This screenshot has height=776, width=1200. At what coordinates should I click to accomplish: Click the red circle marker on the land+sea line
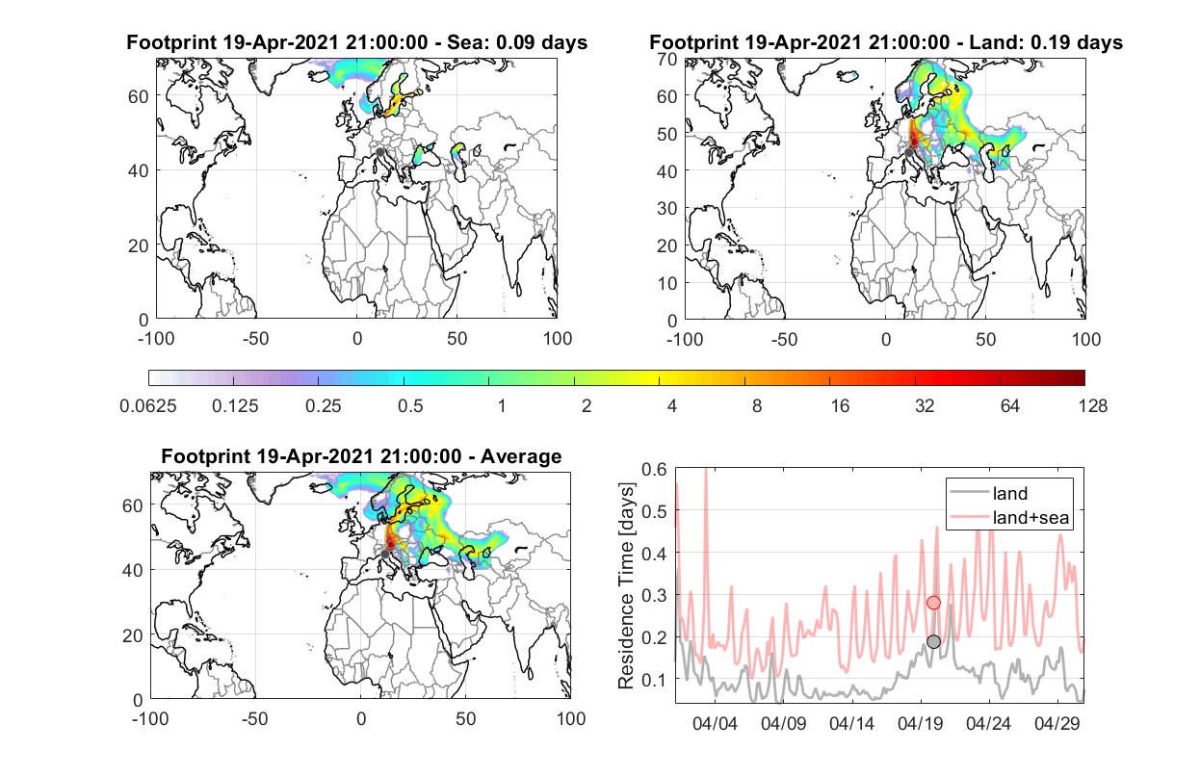coord(934,603)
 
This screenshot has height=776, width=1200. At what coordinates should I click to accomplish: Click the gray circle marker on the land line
coord(934,641)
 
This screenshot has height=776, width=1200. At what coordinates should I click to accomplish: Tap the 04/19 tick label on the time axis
coord(920,723)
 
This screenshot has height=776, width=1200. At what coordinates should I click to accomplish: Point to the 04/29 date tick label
coord(1057,723)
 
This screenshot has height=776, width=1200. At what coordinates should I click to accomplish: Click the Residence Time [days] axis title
coord(626,586)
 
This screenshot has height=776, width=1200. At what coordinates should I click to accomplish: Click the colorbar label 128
coord(1092,405)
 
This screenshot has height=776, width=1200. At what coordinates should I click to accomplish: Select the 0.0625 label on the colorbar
coord(148,405)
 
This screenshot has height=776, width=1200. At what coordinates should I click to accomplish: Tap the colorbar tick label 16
coord(840,405)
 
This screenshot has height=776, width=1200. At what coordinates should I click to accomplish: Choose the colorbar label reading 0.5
coord(410,405)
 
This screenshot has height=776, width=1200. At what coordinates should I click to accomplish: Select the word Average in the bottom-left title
coord(521,456)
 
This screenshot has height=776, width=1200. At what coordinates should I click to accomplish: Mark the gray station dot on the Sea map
coord(379,152)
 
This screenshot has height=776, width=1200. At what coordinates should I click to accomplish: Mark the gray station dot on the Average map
coord(384,554)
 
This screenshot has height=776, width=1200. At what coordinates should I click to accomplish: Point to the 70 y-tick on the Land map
coord(667,59)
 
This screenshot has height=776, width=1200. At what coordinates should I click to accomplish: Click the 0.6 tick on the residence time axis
coord(654,469)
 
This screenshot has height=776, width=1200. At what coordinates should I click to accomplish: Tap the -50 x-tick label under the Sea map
coord(255,339)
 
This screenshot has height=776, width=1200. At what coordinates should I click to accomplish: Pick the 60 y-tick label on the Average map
coord(132,505)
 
